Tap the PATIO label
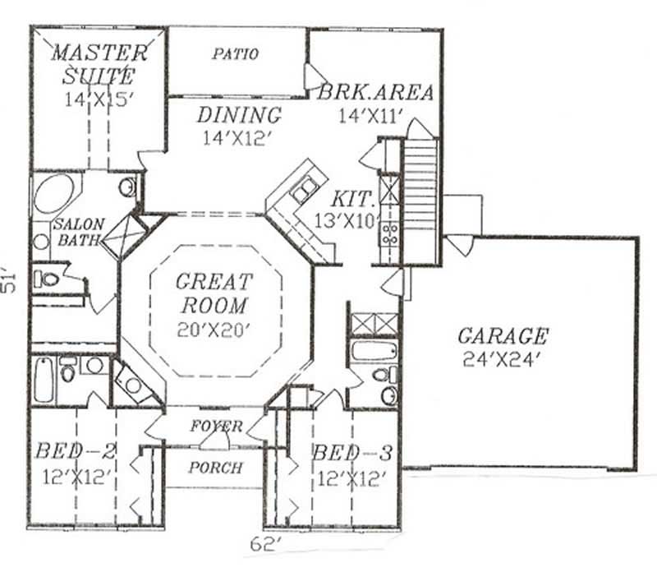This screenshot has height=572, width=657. tap(235, 55)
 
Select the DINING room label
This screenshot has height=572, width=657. tap(238, 115)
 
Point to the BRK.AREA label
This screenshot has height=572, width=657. tap(375, 92)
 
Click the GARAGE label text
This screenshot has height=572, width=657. tap(502, 335)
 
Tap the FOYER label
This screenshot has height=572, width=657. tap(216, 427)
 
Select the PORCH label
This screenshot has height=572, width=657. tap(215, 468)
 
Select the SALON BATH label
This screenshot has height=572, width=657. tap(77, 233)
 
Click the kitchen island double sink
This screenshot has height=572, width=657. tap(302, 190)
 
